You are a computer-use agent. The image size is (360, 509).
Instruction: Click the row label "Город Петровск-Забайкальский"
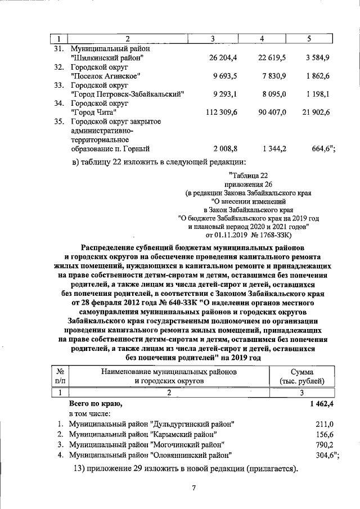(128, 94)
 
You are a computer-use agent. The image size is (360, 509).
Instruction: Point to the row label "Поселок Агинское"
(106, 76)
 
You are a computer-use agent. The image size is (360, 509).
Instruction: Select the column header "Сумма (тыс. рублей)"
(302, 376)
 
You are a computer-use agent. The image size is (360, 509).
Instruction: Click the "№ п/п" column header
(60, 376)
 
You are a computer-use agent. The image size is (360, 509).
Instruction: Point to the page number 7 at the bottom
(193, 488)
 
